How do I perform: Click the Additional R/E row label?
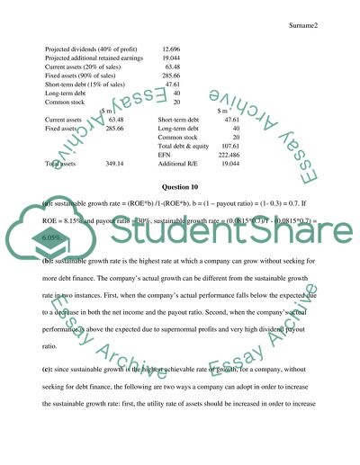tap(183, 164)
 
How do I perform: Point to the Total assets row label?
tap(63, 165)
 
